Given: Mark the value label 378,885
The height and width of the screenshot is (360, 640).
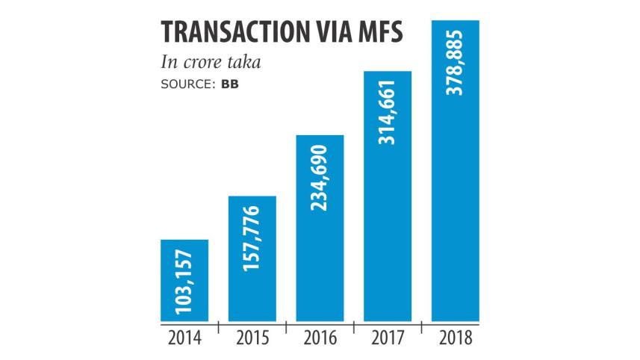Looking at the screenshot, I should (456, 65).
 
